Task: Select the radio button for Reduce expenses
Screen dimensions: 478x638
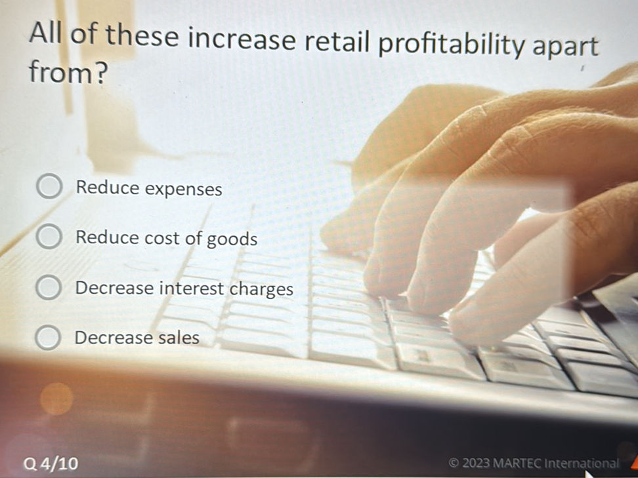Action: tap(48, 188)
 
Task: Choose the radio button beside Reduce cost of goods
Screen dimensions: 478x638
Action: tap(48, 237)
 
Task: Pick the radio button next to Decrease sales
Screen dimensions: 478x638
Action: tap(48, 337)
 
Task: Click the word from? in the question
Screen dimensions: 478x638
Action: tap(66, 73)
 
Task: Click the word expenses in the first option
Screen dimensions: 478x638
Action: tap(183, 189)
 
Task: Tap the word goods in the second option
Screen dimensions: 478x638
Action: tap(232, 239)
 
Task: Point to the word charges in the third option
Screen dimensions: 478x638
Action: tap(261, 289)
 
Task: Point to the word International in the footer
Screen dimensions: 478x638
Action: tap(582, 463)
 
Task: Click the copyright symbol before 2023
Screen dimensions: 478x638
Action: tap(454, 463)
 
